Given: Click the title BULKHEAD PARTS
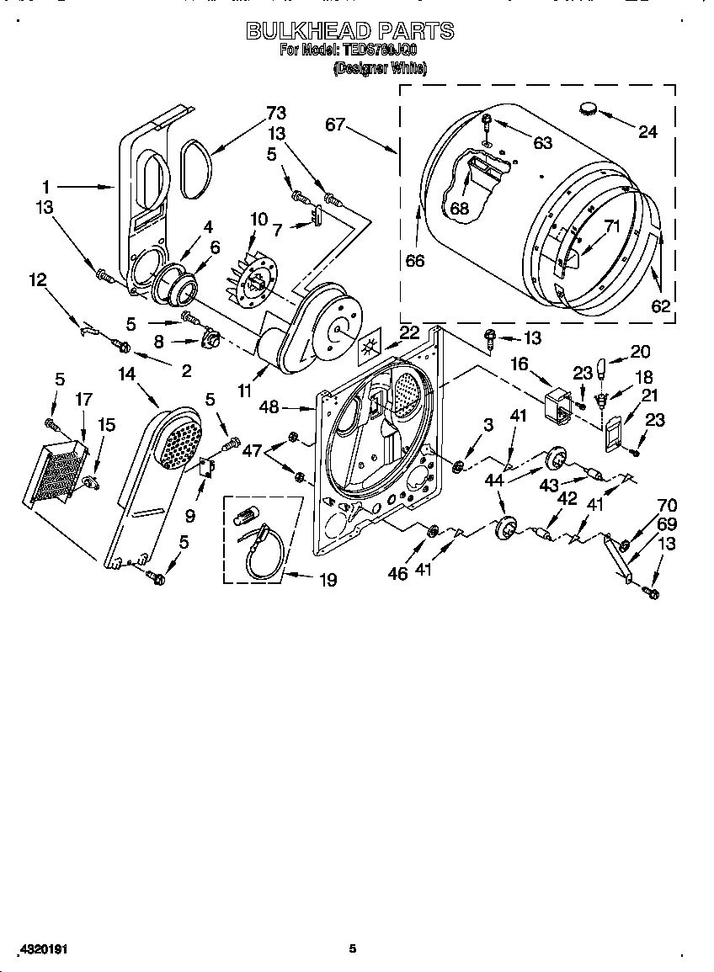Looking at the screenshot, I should coord(349,31).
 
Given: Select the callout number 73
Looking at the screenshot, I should coord(276,113).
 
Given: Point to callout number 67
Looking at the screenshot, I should coord(335,125).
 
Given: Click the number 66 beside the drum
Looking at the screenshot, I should coord(414,261).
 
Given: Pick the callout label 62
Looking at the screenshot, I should coord(661,306).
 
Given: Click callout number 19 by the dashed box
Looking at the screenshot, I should coord(328,579).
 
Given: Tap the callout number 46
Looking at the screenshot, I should coord(397,573).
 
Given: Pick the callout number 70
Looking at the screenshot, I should coord(667,506).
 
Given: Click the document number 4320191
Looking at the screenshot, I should coord(40,948).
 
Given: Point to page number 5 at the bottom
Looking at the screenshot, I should coord(353,948).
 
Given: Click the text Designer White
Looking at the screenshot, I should coord(380,69).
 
